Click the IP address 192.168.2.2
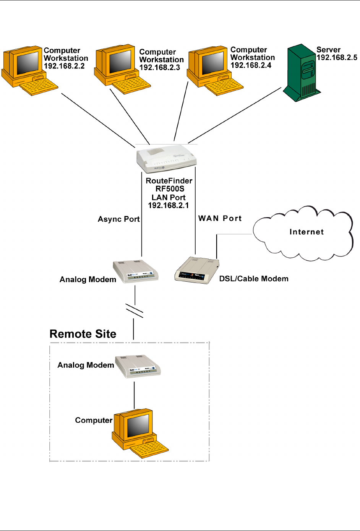pos(64,66)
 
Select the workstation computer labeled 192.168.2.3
pos(121,69)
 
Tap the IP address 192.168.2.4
pos(251,65)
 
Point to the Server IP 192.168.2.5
pos(337,58)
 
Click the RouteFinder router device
pos(167,158)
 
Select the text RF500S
pos(170,189)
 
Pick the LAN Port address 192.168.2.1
pos(169,206)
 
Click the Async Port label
pos(118,219)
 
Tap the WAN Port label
pos(220,218)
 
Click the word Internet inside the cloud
pos(306,232)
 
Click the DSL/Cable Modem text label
pos(254,279)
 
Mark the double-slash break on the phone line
pos(135,310)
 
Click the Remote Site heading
pos(83,334)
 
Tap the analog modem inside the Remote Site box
pos(138,367)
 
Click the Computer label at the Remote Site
pos(94,421)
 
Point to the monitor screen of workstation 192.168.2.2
pos(27,63)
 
